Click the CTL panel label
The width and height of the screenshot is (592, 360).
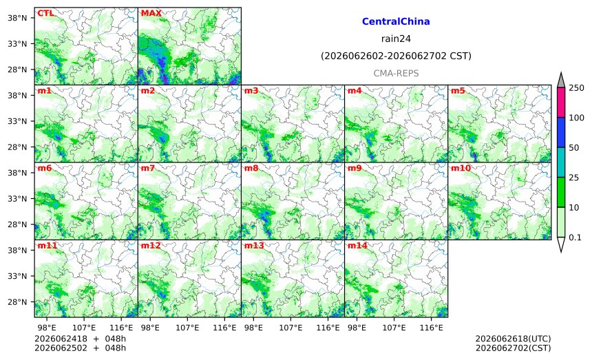tap(45, 13)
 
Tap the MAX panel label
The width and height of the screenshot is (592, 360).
tap(151, 13)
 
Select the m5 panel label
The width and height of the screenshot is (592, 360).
tap(458, 91)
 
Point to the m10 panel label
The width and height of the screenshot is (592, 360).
tap(461, 168)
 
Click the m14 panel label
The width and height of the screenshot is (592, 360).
tap(357, 246)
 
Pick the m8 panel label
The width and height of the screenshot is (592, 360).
tap(251, 168)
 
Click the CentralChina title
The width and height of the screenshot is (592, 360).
tap(396, 21)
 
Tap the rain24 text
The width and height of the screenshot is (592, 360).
tap(396, 39)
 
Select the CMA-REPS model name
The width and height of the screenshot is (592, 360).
tap(396, 73)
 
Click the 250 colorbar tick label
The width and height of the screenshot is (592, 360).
tap(577, 88)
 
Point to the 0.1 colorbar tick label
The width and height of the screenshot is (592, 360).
tap(575, 237)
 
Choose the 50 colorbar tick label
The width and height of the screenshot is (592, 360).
tap(574, 147)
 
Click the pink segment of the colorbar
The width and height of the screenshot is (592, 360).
tap(561, 103)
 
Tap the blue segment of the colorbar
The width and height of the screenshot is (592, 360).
tap(561, 132)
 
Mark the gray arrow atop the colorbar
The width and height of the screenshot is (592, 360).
tap(561, 81)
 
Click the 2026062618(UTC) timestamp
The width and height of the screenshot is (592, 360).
tap(513, 339)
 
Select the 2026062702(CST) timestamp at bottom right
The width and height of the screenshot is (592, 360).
tap(513, 348)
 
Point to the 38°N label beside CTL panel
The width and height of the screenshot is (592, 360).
tap(17, 18)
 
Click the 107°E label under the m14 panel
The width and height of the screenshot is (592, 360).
tap(394, 328)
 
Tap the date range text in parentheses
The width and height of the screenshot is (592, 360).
tap(396, 56)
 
